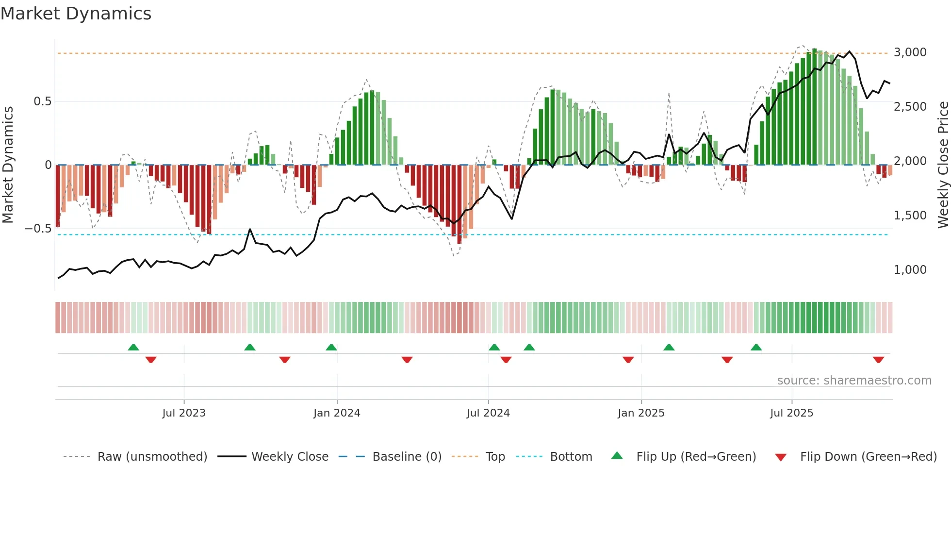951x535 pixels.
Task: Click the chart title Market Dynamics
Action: coord(76,14)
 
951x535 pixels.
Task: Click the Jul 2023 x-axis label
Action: coord(184,413)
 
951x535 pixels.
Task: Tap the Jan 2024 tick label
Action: coord(337,413)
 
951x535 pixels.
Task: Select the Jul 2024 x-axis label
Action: coord(488,413)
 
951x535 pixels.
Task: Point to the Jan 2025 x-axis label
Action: coord(641,413)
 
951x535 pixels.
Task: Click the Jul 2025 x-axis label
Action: coord(791,413)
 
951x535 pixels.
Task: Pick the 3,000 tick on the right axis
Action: coord(910,52)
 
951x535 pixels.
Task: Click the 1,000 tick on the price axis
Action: coord(910,270)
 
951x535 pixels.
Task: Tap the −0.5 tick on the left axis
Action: coord(38,229)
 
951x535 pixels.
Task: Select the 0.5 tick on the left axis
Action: coord(42,101)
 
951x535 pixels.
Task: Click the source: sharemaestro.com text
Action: coord(854,381)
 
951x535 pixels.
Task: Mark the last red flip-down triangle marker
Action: coord(878,360)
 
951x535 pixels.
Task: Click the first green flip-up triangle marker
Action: coord(133,347)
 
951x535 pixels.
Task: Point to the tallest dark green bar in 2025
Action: coord(815,107)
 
